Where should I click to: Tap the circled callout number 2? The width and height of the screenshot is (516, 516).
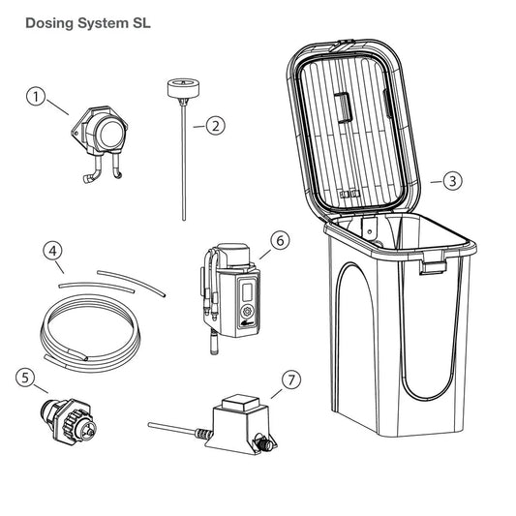215,124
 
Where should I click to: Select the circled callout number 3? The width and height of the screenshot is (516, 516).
451,180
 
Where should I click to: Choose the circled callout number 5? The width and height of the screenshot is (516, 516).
25,378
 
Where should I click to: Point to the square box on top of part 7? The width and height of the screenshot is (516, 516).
236,405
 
